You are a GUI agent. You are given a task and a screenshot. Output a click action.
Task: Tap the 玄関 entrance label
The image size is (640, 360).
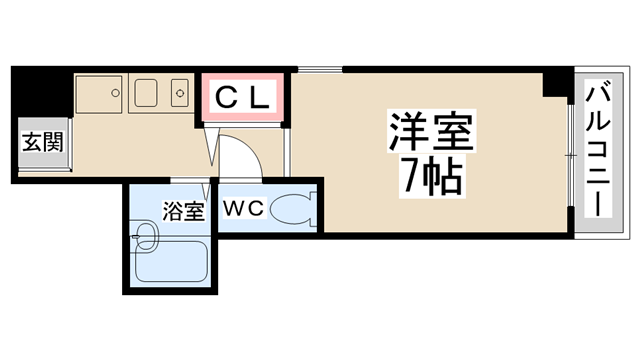click(x=42, y=141)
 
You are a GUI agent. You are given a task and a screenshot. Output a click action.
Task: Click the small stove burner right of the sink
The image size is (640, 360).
click(x=181, y=93)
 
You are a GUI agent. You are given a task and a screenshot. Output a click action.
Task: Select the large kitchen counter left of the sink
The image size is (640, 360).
click(x=99, y=94)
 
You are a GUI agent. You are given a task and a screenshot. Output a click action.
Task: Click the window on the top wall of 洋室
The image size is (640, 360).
click(x=318, y=69)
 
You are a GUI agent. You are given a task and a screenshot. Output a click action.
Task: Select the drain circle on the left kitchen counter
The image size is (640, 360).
click(x=114, y=91)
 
